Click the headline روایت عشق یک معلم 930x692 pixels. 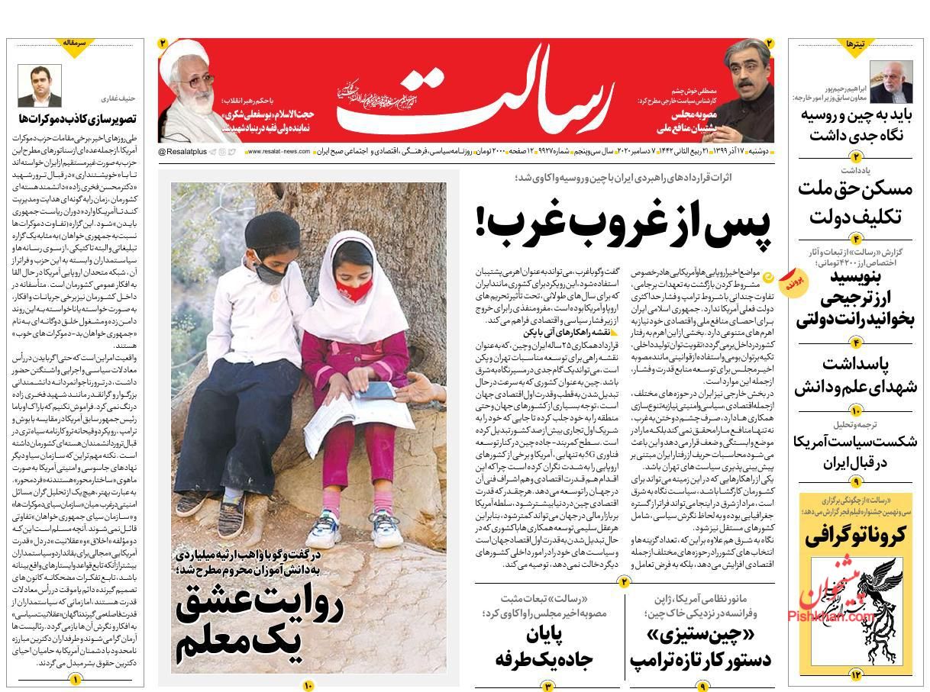tap(259, 622)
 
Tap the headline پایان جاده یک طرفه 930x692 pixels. tap(547, 648)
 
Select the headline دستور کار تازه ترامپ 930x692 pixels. tap(701, 649)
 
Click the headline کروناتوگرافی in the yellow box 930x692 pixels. tap(854, 535)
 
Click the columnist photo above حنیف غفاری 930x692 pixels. tap(40, 85)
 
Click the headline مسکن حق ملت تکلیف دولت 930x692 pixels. tap(854, 201)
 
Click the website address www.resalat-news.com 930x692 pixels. tap(279, 152)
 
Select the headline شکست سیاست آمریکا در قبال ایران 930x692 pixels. tap(854, 452)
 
